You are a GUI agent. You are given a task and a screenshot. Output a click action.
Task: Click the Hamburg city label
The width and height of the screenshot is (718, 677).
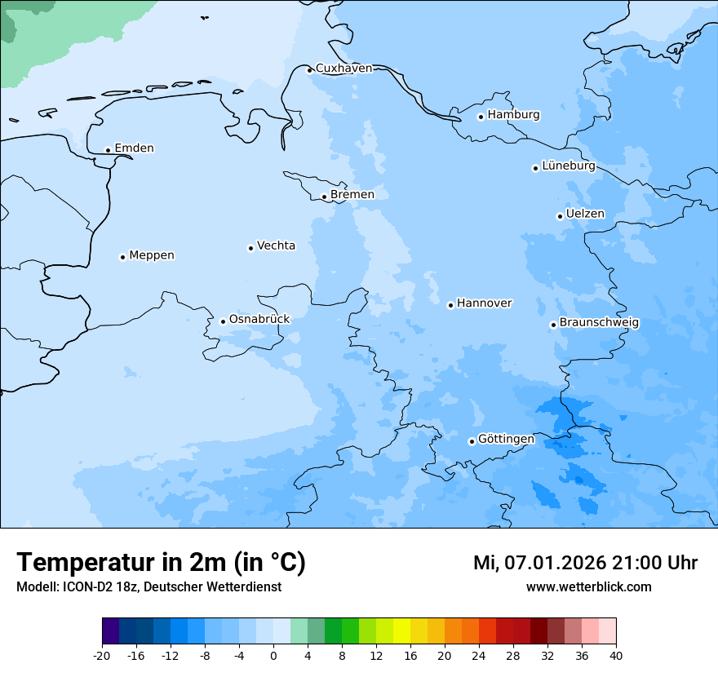[513, 115]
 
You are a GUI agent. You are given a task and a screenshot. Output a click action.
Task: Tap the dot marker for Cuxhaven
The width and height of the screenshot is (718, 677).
[309, 70]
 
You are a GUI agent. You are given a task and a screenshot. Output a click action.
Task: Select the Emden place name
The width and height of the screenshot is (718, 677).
[134, 148]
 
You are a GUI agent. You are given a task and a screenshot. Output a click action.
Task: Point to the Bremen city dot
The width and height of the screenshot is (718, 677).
[324, 197]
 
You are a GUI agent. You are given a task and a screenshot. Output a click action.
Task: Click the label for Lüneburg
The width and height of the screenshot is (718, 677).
[568, 166]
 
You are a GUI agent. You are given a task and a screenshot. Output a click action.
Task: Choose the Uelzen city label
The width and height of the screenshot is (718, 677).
[585, 214]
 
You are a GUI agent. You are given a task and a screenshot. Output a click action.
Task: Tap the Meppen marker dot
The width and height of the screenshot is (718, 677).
[122, 257]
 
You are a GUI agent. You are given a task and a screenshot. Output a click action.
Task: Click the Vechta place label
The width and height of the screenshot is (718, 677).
[276, 246]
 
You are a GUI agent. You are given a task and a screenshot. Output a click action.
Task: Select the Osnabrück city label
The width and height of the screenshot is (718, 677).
[259, 319]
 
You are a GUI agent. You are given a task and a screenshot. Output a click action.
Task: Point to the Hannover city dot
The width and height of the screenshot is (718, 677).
[450, 305]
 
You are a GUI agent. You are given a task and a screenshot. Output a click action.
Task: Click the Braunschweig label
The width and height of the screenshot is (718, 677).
[599, 323]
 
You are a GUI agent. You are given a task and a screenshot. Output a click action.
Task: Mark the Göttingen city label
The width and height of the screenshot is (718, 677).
[506, 439]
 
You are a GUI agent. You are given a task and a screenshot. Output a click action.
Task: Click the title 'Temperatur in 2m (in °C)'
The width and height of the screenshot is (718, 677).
[161, 563]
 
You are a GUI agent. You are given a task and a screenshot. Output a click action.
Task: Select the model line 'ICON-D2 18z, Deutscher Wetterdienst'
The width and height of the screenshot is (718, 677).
[148, 587]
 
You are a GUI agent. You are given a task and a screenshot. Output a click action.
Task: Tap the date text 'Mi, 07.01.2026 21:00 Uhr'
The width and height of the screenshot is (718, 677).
[585, 563]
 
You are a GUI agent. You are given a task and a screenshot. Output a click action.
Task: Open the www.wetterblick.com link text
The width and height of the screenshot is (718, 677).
[588, 587]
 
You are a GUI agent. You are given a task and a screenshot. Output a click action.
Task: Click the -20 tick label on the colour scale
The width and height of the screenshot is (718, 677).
[102, 655]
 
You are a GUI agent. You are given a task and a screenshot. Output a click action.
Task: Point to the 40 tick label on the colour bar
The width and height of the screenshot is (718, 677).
[616, 655]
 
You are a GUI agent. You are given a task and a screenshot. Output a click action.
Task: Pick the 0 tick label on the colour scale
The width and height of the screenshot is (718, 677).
[273, 655]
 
